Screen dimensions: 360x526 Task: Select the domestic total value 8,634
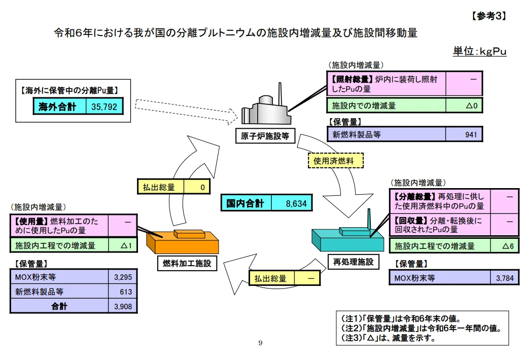[292, 203]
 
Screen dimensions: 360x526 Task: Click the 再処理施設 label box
[353, 262]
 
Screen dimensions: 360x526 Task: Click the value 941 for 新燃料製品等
[464, 134]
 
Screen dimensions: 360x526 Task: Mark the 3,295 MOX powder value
[123, 277]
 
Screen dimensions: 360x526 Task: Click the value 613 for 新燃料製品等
[123, 292]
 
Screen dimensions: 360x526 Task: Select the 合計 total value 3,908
[123, 306]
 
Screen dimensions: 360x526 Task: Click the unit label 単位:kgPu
[479, 51]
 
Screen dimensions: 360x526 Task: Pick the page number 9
[260, 343]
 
